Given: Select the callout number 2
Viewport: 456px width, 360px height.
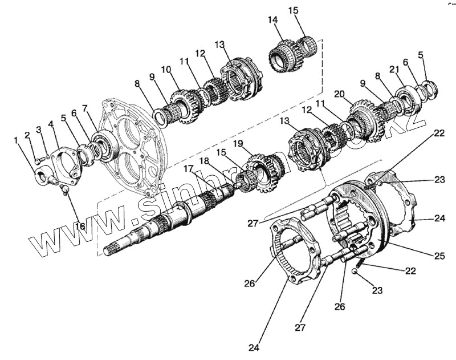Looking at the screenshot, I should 27,135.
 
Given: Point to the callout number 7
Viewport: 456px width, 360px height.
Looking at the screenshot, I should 85,107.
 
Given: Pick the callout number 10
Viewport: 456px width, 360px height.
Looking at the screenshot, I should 166,70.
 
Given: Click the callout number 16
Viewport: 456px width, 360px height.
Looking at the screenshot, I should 79,226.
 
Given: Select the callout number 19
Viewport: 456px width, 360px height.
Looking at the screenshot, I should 254,144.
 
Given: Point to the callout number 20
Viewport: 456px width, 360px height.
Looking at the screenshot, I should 340,94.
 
